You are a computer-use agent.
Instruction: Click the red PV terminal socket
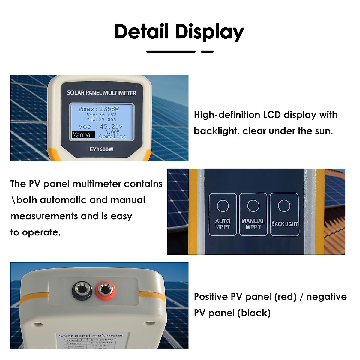click(105, 290)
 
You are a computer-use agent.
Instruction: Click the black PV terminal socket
click(82, 290)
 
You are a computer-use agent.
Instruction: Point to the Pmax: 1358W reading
click(98, 109)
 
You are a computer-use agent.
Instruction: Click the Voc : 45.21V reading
click(100, 127)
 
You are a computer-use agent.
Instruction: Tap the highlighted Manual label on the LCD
click(83, 135)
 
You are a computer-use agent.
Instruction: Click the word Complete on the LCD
click(113, 136)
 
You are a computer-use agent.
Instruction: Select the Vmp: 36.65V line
click(101, 115)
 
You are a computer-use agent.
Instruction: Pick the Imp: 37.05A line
click(101, 119)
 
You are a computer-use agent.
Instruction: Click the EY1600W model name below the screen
click(101, 149)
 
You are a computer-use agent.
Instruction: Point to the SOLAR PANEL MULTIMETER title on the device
click(101, 93)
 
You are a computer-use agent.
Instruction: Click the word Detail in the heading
click(142, 31)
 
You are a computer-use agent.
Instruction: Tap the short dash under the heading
click(207, 52)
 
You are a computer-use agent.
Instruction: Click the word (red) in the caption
click(285, 297)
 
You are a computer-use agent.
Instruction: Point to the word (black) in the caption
click(254, 313)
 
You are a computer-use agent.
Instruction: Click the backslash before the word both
click(13, 200)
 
